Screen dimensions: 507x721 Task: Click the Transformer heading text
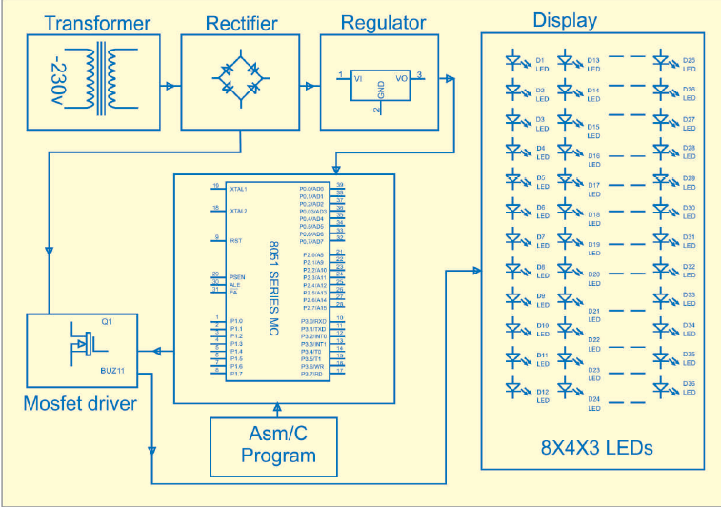[x=97, y=23]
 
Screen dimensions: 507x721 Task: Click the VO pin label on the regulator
[x=401, y=77]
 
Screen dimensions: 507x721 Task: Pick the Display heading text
[x=565, y=20]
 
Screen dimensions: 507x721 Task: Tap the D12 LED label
[x=541, y=392]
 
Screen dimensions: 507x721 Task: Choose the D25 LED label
[x=689, y=60]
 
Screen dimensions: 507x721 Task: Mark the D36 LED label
[x=689, y=383]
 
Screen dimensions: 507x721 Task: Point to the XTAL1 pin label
[x=238, y=188]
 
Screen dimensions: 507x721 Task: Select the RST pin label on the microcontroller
[x=235, y=240]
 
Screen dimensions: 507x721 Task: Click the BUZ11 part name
[x=113, y=369]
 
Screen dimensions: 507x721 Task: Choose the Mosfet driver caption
[x=80, y=404]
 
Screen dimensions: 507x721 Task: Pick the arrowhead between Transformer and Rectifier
[x=170, y=86]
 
